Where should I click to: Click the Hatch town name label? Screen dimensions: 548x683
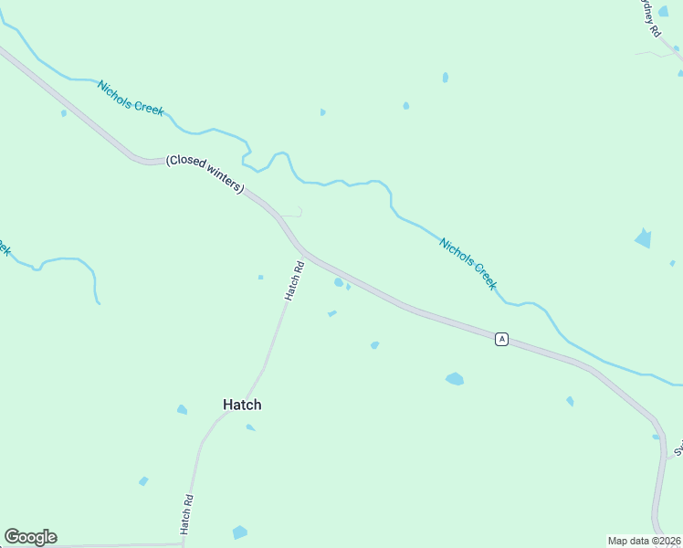click(x=242, y=405)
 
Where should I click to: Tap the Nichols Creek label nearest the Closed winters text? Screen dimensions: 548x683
click(x=131, y=96)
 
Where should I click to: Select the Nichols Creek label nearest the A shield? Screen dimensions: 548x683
click(x=468, y=263)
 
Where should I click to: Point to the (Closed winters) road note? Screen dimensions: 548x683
click(x=205, y=174)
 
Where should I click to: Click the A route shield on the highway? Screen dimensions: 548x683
click(x=501, y=339)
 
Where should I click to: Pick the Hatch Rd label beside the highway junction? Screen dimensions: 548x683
click(x=293, y=280)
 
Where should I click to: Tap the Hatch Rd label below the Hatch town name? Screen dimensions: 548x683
click(x=187, y=514)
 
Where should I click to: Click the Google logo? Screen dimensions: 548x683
click(x=30, y=537)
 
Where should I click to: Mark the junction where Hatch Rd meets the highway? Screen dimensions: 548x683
click(x=303, y=252)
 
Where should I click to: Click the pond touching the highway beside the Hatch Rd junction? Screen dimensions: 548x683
click(x=339, y=282)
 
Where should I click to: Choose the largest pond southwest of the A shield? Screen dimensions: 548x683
click(x=455, y=378)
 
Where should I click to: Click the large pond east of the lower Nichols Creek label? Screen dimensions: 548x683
click(x=644, y=238)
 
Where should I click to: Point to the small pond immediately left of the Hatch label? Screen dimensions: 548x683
click(x=182, y=409)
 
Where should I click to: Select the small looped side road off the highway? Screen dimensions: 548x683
click(x=294, y=212)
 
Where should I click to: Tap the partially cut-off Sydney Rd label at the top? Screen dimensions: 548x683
click(x=648, y=16)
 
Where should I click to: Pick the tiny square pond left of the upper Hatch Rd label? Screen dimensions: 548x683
click(x=260, y=277)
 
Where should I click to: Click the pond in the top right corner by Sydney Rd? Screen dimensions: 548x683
click(x=664, y=11)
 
